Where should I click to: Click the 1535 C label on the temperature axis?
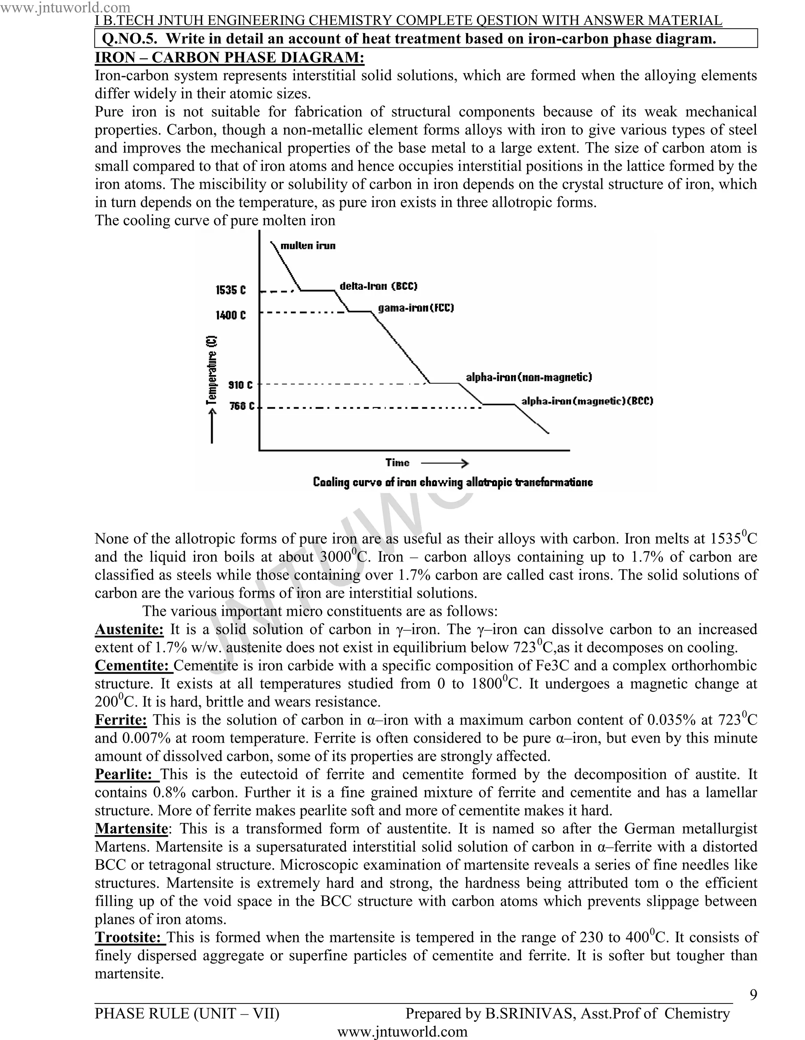230,290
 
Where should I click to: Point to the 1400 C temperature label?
230,315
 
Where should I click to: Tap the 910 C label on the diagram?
241,385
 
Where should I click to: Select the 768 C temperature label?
242,406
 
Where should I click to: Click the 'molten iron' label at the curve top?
307,246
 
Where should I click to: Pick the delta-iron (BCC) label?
378,286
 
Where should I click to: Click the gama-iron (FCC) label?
415,308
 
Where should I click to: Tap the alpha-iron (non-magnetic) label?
528,377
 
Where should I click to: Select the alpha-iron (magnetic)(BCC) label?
586,401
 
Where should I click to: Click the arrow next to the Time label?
444,463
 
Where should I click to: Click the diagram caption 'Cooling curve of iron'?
452,482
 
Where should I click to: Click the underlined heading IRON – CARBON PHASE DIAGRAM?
230,58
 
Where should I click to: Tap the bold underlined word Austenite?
129,629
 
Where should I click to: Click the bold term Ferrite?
120,720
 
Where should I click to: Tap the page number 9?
753,994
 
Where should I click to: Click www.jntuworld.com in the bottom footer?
402,1032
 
